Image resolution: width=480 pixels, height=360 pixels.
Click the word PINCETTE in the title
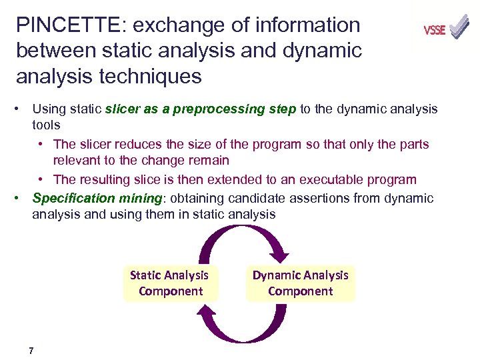[63, 25]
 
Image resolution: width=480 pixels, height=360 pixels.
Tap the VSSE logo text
[434, 30]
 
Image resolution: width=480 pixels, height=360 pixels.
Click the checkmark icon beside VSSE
[459, 27]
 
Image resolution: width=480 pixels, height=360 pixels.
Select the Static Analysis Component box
[170, 283]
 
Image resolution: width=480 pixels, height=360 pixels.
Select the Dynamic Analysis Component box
[300, 283]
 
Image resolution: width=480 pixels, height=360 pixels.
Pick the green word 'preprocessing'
[215, 109]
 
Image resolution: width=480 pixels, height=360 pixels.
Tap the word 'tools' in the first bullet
[46, 125]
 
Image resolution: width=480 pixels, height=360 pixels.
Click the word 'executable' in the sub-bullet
[331, 179]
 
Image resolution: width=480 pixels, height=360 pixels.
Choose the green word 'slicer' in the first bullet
[123, 109]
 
